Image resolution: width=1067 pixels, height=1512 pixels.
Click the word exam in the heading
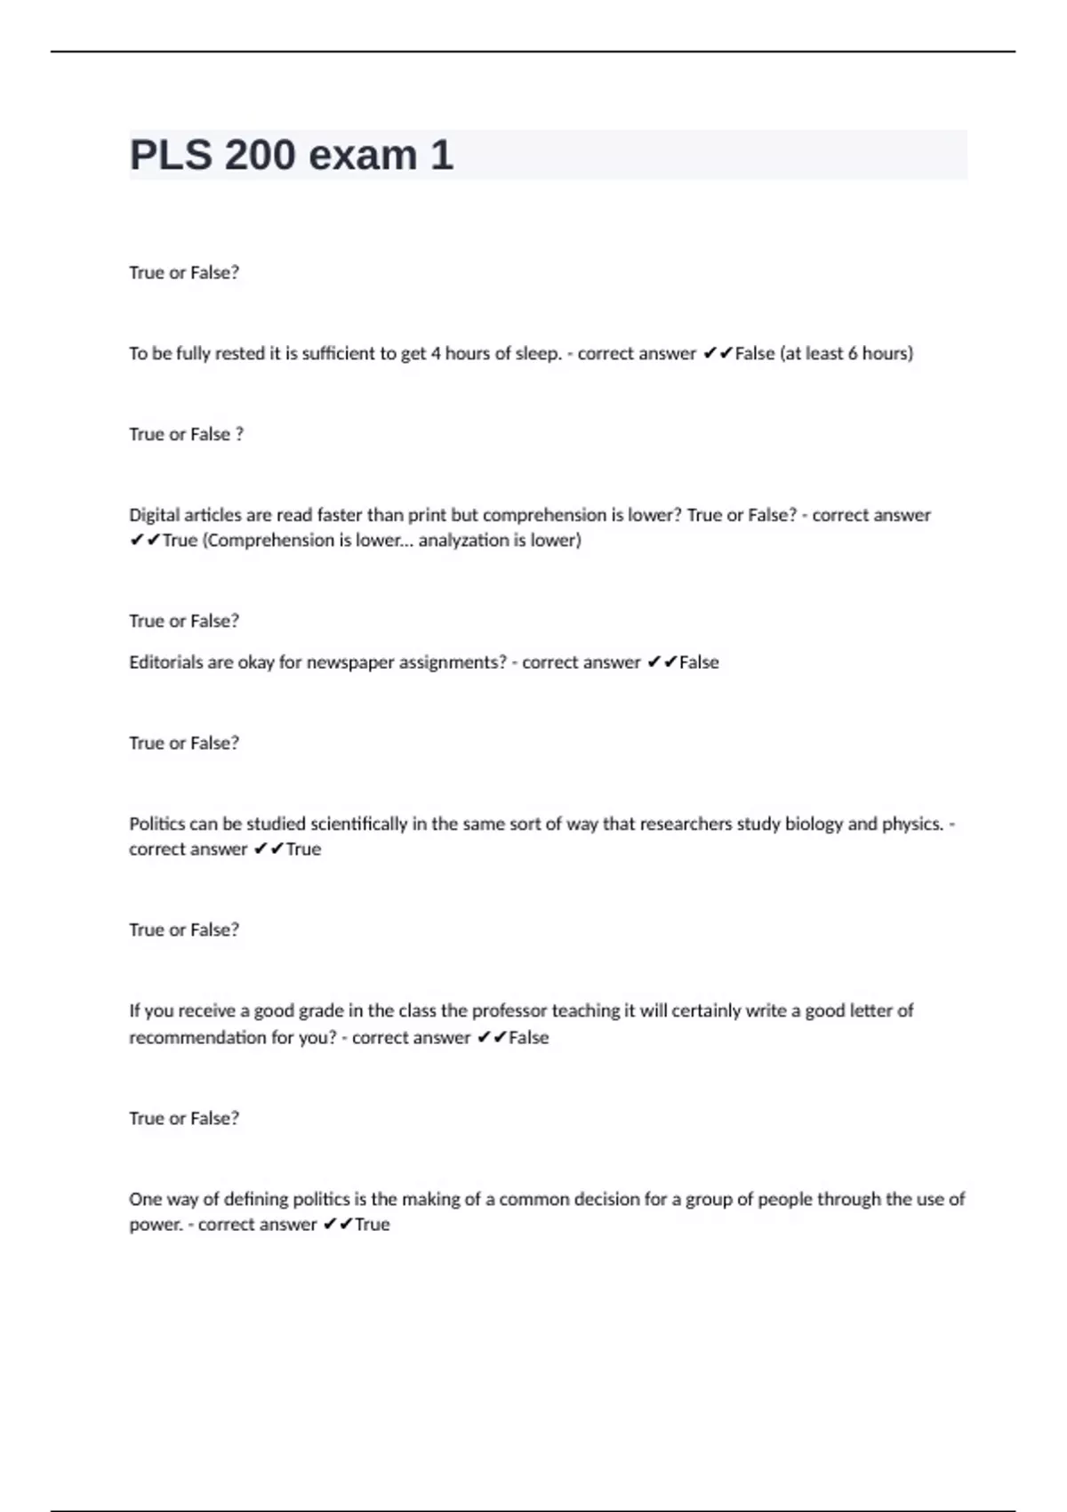pyautogui.click(x=362, y=156)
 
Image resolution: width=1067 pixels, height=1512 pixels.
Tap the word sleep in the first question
pyautogui.click(x=538, y=354)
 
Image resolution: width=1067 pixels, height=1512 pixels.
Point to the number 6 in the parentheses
pyautogui.click(x=853, y=354)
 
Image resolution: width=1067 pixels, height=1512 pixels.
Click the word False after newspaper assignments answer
pyautogui.click(x=699, y=663)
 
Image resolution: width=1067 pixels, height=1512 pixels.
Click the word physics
pyautogui.click(x=912, y=824)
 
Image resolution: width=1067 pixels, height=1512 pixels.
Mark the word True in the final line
pyautogui.click(x=373, y=1225)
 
